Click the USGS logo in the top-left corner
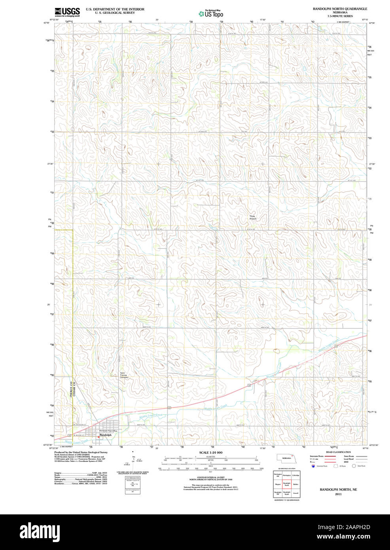tap(67, 12)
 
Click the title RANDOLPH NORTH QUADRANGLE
tap(340, 9)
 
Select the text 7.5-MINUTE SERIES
tap(340, 16)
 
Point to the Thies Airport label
tap(253, 218)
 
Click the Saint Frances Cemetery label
tap(124, 375)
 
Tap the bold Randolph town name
tap(106, 435)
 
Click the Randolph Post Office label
tap(108, 431)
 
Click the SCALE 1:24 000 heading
tap(210, 453)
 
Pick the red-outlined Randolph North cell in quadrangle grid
tap(287, 484)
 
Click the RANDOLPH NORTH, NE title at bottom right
tap(338, 489)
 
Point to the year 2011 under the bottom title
tap(338, 494)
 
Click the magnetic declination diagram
tap(133, 462)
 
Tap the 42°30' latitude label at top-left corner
tap(46, 23)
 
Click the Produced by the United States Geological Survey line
tap(81, 452)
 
